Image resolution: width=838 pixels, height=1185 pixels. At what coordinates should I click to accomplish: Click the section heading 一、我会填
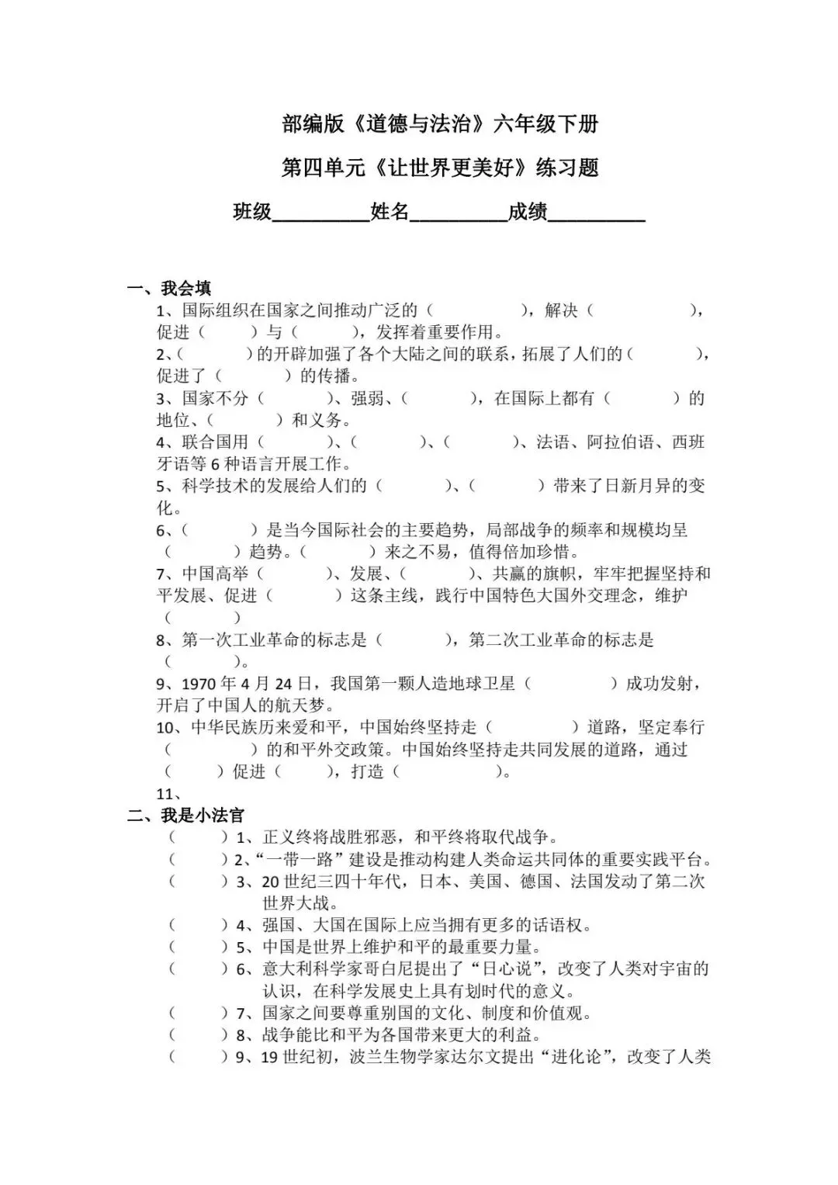tap(170, 289)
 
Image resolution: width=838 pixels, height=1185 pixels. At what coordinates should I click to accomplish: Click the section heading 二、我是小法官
tap(186, 815)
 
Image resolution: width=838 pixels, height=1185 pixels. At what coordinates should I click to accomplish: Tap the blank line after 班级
tap(321, 213)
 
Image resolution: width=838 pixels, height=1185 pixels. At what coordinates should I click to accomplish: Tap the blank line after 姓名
tap(459, 213)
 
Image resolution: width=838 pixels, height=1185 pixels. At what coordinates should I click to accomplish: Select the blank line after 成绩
tap(597, 213)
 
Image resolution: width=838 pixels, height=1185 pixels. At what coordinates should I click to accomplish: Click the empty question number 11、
tap(168, 794)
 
